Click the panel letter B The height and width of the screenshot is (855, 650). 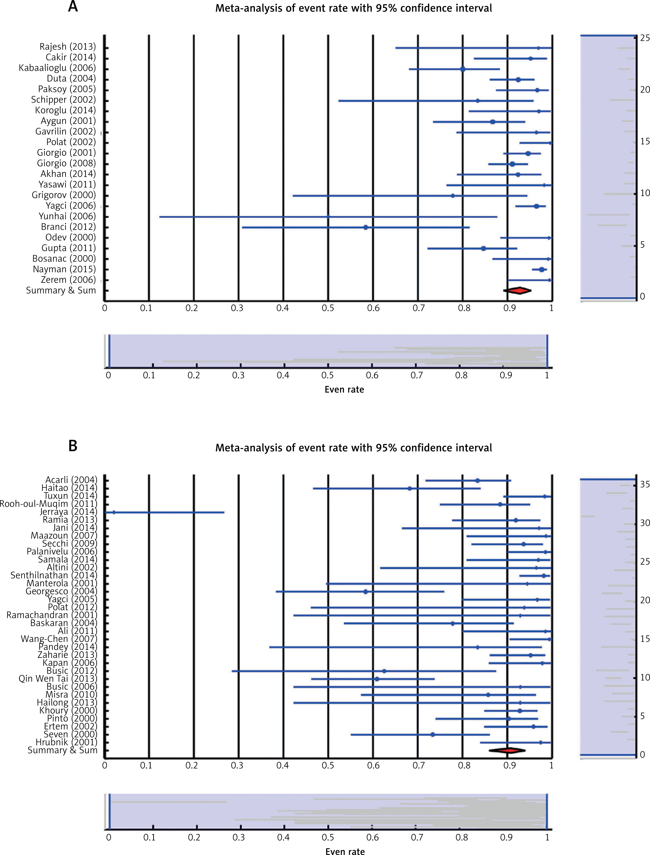coord(73,446)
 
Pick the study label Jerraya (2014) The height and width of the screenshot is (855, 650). coord(68,512)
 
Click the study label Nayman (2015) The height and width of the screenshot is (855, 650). coord(64,269)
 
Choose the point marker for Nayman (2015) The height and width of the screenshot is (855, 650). coord(542,270)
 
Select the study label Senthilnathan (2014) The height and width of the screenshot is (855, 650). coord(54,575)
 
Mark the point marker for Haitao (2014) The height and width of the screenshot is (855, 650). coord(410,488)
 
